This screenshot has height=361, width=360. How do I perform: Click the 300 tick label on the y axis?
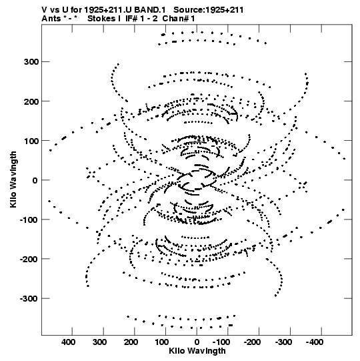click(x=31, y=61)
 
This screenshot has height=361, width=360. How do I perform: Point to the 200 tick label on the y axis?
click(x=31, y=101)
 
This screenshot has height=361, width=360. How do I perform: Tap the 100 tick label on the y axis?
click(x=31, y=141)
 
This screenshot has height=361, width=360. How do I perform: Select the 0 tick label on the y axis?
click(x=35, y=180)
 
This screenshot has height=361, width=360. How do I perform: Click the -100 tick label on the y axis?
click(x=29, y=220)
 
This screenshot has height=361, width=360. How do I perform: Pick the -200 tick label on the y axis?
click(x=29, y=259)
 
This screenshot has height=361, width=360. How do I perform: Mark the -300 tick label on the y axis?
click(x=29, y=298)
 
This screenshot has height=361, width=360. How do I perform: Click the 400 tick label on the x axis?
click(x=68, y=342)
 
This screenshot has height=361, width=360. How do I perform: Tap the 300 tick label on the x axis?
click(x=99, y=342)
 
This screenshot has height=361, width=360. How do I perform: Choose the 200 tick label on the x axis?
click(x=131, y=342)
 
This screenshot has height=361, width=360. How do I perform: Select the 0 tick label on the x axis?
click(x=197, y=342)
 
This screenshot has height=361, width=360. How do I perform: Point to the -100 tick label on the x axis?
click(x=221, y=342)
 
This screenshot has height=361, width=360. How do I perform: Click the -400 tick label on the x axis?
click(x=315, y=342)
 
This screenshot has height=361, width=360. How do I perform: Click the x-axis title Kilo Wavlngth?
click(x=197, y=350)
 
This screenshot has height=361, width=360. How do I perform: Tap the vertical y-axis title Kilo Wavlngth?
click(x=13, y=179)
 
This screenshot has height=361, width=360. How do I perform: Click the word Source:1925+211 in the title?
click(x=209, y=10)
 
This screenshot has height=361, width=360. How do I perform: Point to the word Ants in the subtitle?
click(x=51, y=19)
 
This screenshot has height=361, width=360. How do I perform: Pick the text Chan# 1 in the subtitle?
click(x=179, y=19)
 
